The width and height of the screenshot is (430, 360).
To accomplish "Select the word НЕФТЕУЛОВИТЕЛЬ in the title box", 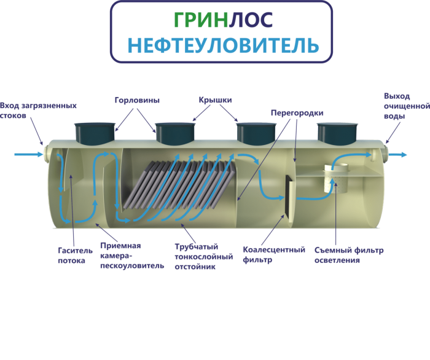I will pos(222,45).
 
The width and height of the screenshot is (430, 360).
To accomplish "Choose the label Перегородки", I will pos(297,113).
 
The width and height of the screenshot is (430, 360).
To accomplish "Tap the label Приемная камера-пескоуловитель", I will pos(132,255).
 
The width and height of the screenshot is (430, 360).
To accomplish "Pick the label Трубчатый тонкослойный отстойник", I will pos(204,256).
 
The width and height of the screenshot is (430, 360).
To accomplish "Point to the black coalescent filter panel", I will pos(287,196).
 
